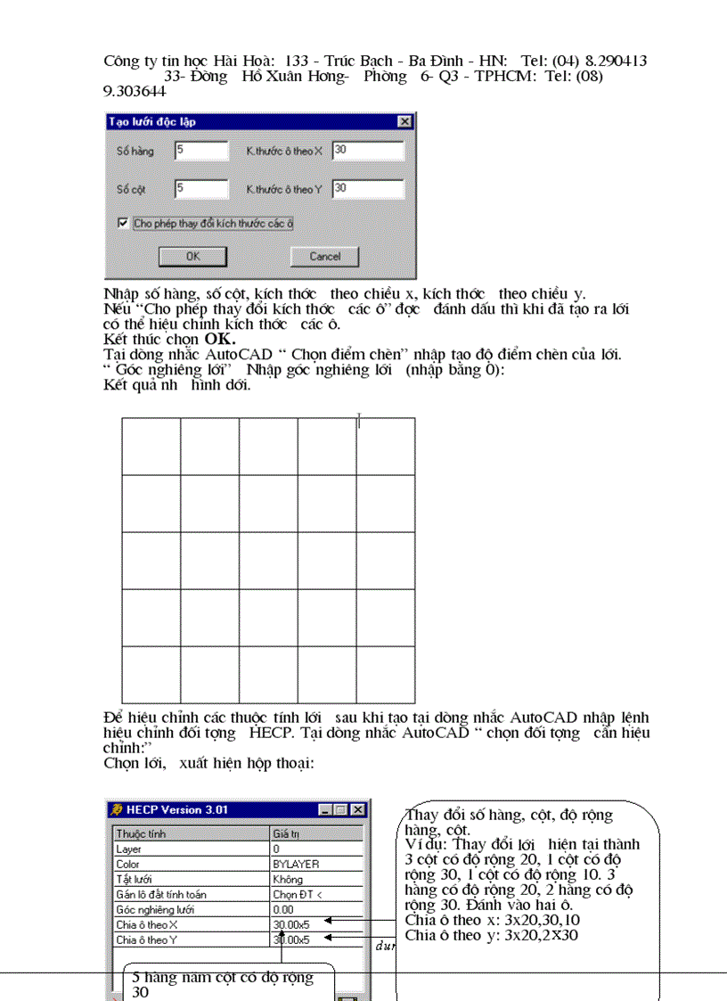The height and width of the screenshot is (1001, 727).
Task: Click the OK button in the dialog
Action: coord(192,256)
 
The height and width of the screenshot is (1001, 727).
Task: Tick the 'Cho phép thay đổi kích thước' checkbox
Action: coord(123,223)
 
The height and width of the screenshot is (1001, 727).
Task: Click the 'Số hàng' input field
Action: coord(201,151)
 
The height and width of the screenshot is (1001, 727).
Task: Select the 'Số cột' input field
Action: coord(201,189)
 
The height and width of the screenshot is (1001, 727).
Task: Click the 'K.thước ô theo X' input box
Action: coord(367,151)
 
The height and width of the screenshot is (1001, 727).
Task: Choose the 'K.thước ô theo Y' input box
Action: coord(367,189)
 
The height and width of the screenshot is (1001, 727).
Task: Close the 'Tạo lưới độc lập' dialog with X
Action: coord(404,121)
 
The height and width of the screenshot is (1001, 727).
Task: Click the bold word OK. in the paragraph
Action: coord(220,339)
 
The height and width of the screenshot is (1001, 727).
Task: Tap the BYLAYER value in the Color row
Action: coord(296,864)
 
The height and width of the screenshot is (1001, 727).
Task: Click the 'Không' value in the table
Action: coord(288,879)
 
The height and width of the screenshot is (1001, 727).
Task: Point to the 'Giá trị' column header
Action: coord(286,833)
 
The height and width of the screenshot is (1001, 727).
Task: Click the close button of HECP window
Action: coord(357,809)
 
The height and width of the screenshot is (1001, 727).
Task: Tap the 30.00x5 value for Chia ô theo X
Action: coord(291,924)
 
